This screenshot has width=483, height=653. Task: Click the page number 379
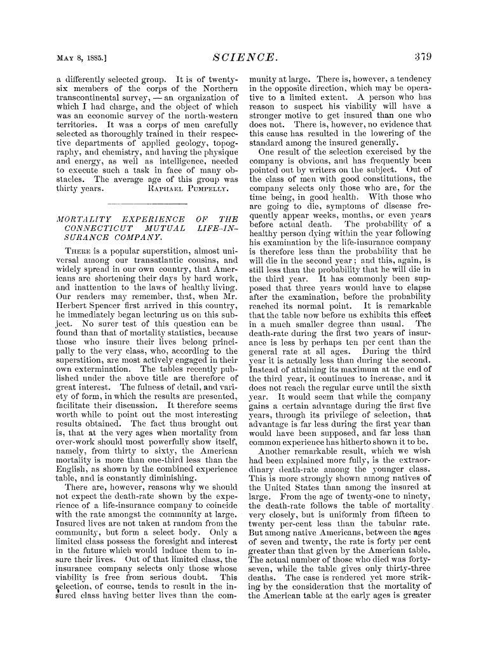(x=423, y=56)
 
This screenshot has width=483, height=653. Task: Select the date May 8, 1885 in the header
(x=81, y=58)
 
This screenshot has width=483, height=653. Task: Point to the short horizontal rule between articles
(x=147, y=204)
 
